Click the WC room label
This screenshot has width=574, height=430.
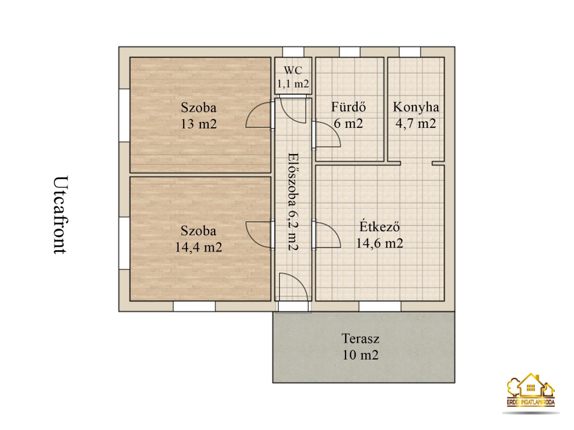click(x=293, y=70)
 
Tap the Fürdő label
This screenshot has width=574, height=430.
click(x=349, y=107)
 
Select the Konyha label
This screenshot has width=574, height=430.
click(x=416, y=107)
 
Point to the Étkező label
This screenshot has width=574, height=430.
click(x=380, y=226)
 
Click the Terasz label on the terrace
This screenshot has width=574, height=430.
click(x=361, y=339)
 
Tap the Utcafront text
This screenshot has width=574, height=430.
click(x=60, y=215)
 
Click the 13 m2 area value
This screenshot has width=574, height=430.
click(x=199, y=124)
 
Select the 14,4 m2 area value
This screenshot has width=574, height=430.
click(x=199, y=247)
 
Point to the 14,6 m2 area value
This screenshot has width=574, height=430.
click(x=380, y=243)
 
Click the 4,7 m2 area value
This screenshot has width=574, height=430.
click(x=416, y=124)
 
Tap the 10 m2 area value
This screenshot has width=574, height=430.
click(x=361, y=355)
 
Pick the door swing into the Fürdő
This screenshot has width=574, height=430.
click(x=327, y=134)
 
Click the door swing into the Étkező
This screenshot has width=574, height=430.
click(x=327, y=235)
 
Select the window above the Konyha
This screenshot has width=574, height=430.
click(x=410, y=52)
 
